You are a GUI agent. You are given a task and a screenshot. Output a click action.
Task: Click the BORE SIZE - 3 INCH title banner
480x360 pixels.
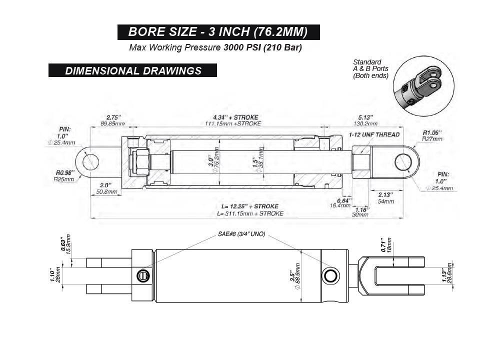click(218, 32)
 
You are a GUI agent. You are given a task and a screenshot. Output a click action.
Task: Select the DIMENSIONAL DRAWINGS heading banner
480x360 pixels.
click(133, 70)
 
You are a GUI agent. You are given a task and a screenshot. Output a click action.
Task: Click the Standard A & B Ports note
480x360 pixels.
click(370, 69)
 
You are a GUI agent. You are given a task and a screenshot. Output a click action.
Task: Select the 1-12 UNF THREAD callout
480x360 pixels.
click(374, 134)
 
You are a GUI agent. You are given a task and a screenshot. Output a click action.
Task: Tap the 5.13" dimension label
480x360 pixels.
click(366, 117)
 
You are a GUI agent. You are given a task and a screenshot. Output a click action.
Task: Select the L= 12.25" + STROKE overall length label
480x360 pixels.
click(250, 206)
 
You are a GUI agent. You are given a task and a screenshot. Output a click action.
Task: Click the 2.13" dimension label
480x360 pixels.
click(384, 194)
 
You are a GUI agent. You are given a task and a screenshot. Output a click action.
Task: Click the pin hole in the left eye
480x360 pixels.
click(90, 163)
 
